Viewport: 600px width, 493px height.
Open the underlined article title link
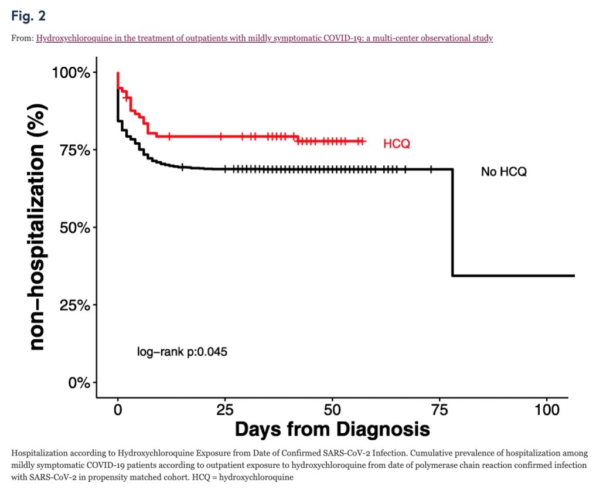(x=264, y=38)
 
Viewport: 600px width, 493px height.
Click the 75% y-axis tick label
(x=74, y=150)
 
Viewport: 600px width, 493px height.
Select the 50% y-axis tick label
(x=74, y=227)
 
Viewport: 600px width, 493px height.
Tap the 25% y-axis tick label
(x=74, y=305)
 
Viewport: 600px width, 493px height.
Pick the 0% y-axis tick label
(x=78, y=383)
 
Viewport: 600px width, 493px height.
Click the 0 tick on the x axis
(x=118, y=409)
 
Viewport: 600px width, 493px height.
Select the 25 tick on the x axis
(x=225, y=409)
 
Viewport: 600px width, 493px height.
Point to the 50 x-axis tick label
(x=332, y=409)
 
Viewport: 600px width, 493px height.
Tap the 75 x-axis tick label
(x=439, y=409)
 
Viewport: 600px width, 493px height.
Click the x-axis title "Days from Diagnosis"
(x=332, y=429)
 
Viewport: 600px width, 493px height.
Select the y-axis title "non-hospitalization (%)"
(x=37, y=227)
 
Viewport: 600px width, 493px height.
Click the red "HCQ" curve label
(x=397, y=144)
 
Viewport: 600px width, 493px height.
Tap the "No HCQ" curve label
(x=504, y=172)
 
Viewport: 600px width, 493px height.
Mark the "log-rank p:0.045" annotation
(x=182, y=352)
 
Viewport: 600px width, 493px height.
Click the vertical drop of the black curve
(x=452, y=223)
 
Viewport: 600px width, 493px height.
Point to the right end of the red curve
(x=364, y=141)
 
